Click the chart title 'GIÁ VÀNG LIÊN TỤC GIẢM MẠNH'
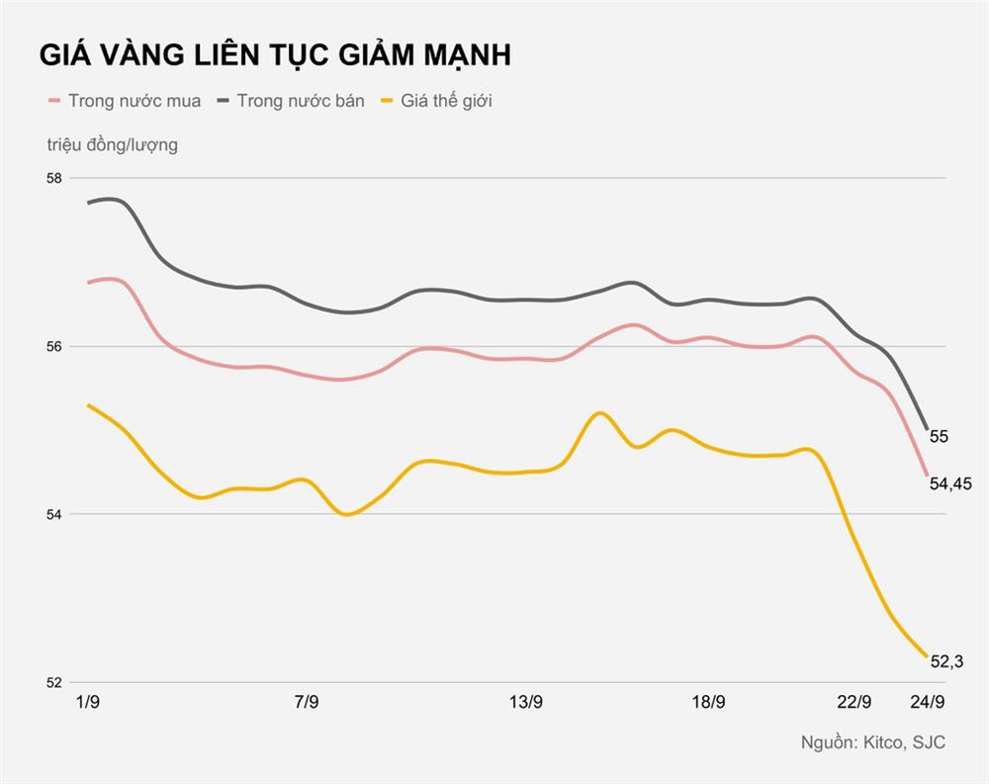(275, 56)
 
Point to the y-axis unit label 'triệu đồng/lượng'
(112, 145)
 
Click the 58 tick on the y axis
(53, 178)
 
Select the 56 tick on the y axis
(53, 346)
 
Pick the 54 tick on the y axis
(53, 514)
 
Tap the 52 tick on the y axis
(53, 682)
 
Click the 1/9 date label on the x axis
(88, 703)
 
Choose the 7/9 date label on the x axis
(307, 703)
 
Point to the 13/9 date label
(526, 703)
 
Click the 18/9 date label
(708, 703)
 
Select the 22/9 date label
(854, 703)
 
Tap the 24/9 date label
(927, 703)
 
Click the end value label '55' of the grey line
(940, 436)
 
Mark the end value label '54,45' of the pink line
(951, 483)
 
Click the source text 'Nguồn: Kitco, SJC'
(872, 742)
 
